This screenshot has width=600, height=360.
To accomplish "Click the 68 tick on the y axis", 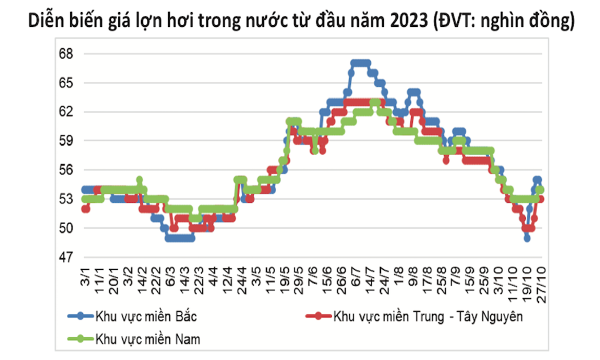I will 67,54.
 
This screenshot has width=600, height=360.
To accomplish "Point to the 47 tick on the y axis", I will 67,257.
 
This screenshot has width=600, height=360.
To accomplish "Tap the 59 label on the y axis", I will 67,141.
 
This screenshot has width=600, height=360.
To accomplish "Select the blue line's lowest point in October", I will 526,238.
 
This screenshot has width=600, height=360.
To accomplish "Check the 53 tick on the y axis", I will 67,199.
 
